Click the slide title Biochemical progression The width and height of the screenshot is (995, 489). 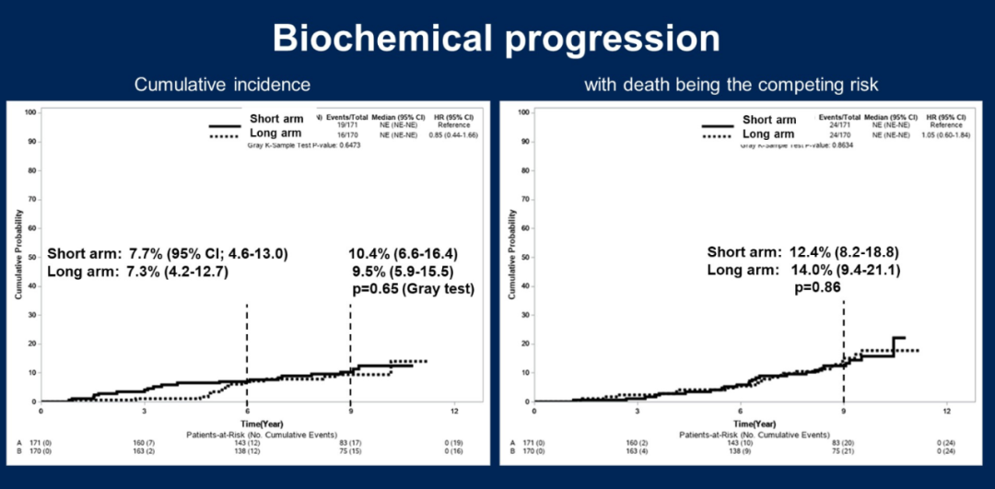[497, 38]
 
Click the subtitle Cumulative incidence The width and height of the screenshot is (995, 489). [222, 85]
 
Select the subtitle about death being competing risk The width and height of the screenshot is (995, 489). [731, 85]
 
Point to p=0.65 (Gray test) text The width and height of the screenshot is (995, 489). [414, 288]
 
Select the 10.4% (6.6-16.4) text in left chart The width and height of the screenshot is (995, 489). [416, 252]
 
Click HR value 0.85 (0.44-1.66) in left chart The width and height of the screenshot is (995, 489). [456, 135]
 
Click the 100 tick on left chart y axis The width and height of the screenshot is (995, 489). [31, 112]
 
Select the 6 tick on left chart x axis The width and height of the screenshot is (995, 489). [247, 410]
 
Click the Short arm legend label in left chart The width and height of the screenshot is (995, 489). [277, 119]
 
